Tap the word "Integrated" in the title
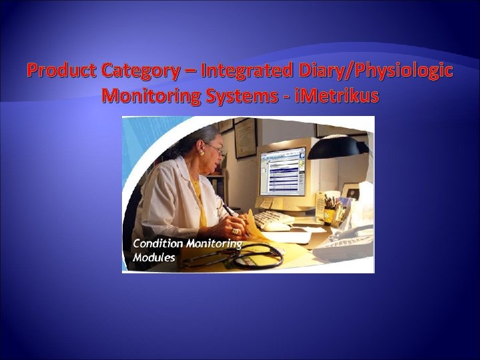(x=237, y=71)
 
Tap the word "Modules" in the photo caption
(x=154, y=257)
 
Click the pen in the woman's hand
(x=227, y=210)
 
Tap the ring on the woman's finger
(x=235, y=231)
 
